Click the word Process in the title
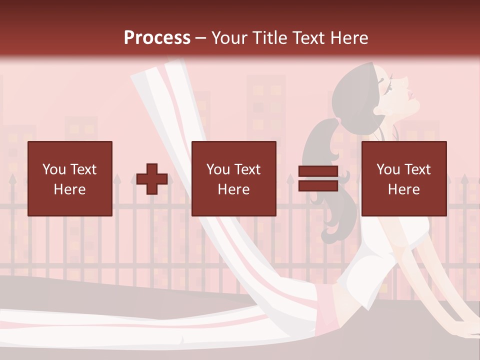click(x=157, y=38)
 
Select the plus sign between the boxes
click(x=152, y=179)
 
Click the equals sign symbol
click(x=318, y=178)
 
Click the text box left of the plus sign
click(x=70, y=178)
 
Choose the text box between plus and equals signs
click(x=234, y=178)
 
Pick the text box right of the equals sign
click(x=404, y=178)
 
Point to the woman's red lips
click(x=411, y=94)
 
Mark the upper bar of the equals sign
click(x=318, y=171)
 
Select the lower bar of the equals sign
click(x=318, y=185)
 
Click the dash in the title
click(x=201, y=38)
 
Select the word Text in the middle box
click(x=248, y=169)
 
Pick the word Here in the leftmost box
click(x=70, y=189)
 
